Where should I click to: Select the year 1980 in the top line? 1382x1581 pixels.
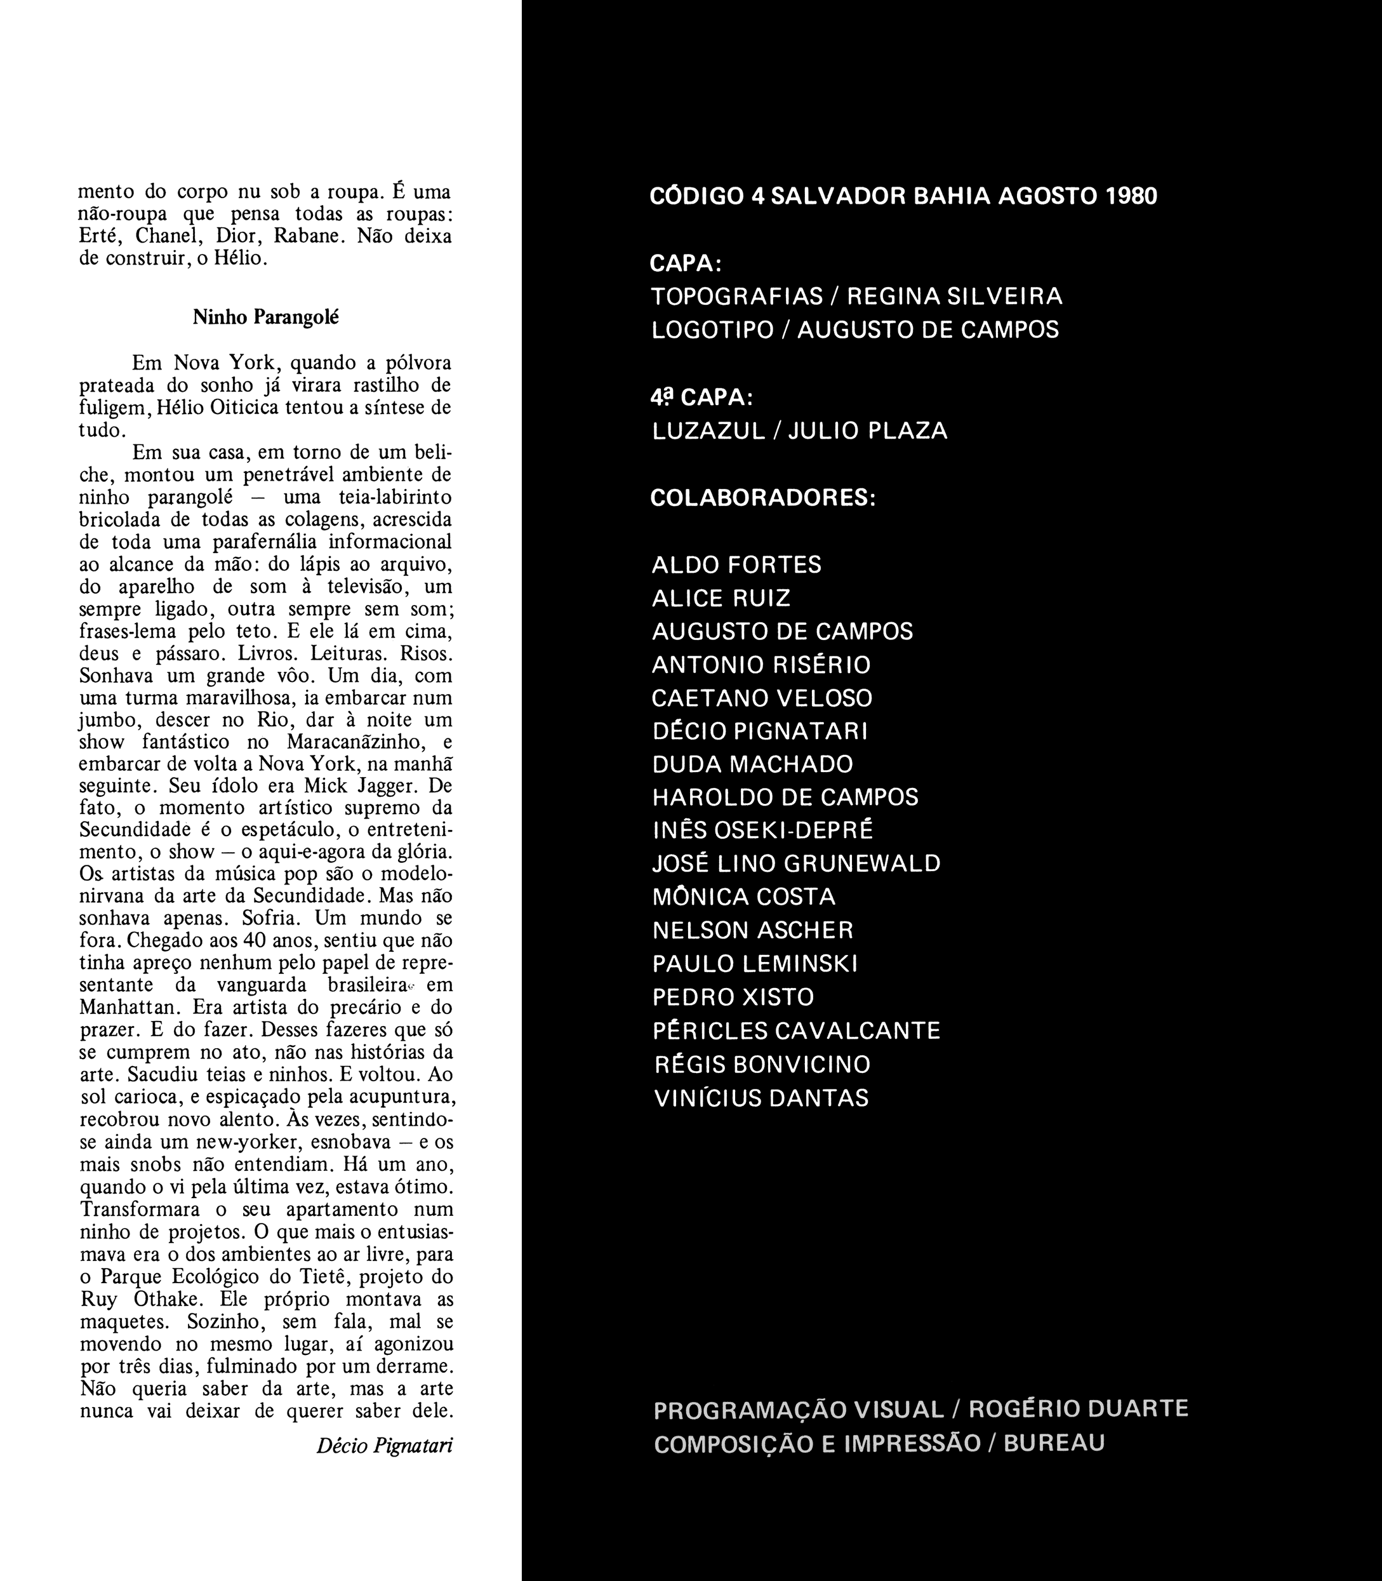(x=1131, y=197)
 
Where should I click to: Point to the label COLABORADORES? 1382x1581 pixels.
(x=762, y=498)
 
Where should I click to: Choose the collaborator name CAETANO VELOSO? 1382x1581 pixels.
(x=762, y=698)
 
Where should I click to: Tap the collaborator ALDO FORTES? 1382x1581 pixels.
(x=736, y=565)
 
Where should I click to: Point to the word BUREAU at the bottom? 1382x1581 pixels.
(x=1054, y=1444)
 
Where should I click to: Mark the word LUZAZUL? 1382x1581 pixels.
(x=708, y=431)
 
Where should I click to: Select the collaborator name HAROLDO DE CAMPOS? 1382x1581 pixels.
(x=785, y=797)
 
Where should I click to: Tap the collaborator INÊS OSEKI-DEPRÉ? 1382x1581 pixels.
(x=762, y=831)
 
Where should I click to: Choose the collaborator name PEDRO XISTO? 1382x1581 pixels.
(x=733, y=998)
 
